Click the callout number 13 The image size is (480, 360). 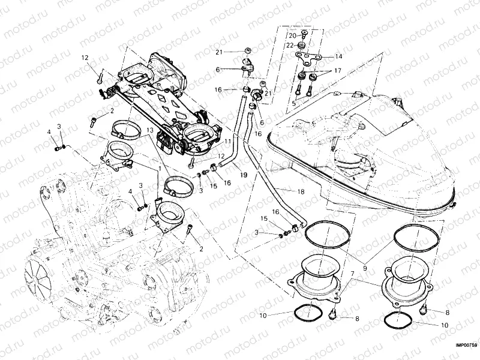pos(148,130)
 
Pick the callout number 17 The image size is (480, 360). pos(338,71)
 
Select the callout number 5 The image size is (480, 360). pos(294,103)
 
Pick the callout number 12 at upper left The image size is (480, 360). pos(85,58)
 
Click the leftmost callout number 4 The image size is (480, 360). pos(49,132)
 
